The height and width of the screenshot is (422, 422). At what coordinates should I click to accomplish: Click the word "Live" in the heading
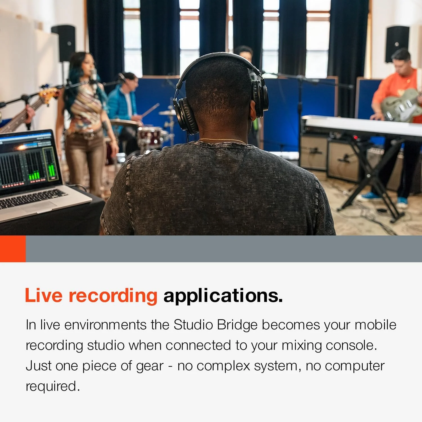pyautogui.click(x=43, y=295)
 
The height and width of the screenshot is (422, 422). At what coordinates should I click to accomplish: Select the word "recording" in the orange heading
pyautogui.click(x=113, y=296)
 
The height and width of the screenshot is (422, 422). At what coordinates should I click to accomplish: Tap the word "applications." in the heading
pyautogui.click(x=223, y=296)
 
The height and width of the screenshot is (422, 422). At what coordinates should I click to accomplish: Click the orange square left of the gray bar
pyautogui.click(x=13, y=249)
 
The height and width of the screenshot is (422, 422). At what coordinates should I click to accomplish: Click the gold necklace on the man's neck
pyautogui.click(x=222, y=140)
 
